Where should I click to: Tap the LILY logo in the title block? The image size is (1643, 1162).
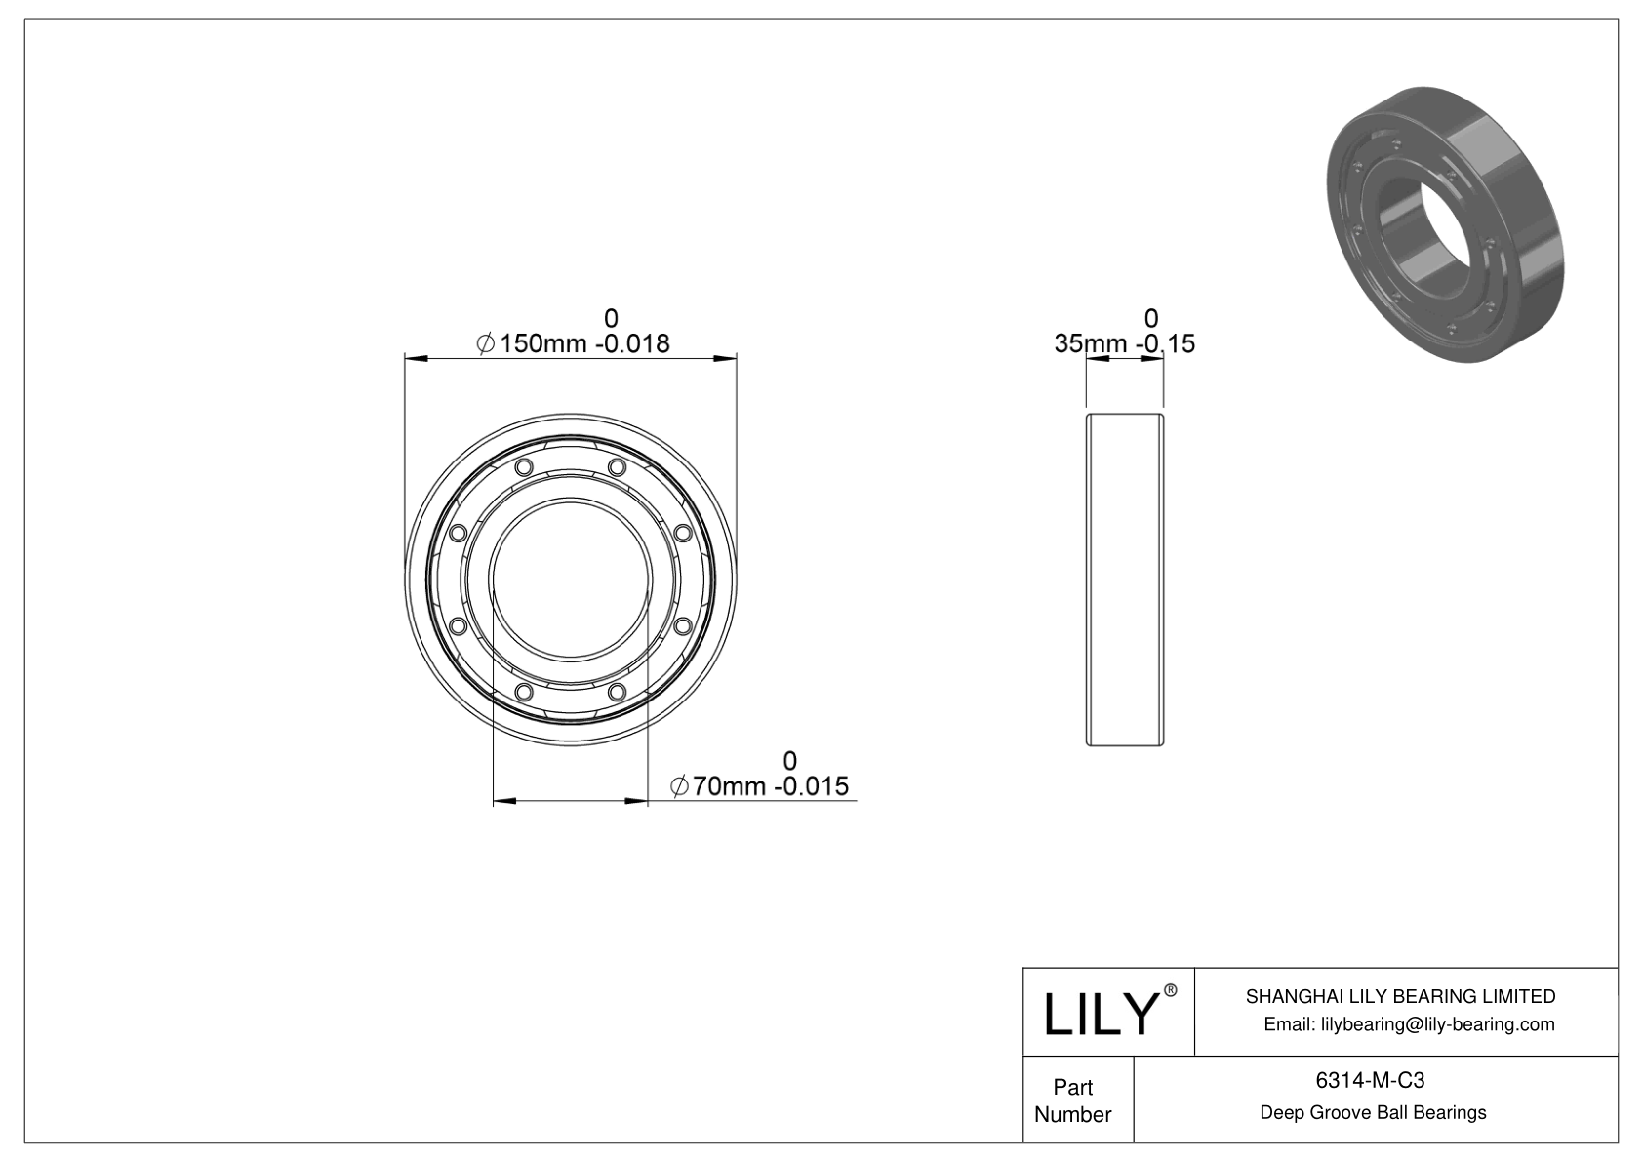pyautogui.click(x=1101, y=1014)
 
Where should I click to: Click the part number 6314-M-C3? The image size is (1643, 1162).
pyautogui.click(x=1370, y=1080)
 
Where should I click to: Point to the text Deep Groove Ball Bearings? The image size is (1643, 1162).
pyautogui.click(x=1373, y=1112)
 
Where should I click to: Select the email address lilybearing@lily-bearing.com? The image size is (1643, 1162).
pyautogui.click(x=1409, y=1024)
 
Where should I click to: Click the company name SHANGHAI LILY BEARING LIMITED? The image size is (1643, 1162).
pyautogui.click(x=1400, y=996)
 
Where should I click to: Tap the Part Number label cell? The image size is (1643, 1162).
pyautogui.click(x=1073, y=1101)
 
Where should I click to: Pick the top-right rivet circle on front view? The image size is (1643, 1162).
pyautogui.click(x=616, y=467)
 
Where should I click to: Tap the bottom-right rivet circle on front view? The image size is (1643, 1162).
pyautogui.click(x=616, y=692)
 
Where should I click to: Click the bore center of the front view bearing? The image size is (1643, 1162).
pyautogui.click(x=571, y=580)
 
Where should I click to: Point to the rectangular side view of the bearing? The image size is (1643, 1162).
pyautogui.click(x=1125, y=580)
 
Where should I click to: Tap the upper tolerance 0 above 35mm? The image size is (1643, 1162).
pyautogui.click(x=1151, y=318)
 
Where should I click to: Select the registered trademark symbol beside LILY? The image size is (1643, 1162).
pyautogui.click(x=1171, y=990)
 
